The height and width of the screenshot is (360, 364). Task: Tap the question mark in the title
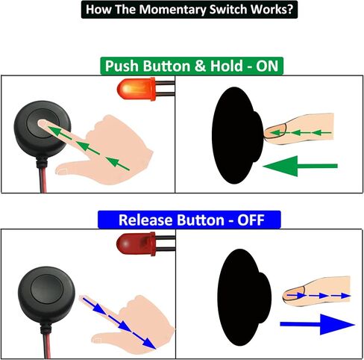(x=290, y=9)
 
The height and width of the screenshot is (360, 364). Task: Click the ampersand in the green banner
(x=201, y=66)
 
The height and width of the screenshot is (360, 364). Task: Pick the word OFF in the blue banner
(x=251, y=220)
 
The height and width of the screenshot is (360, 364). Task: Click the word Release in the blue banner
(x=145, y=220)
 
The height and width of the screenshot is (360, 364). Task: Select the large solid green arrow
(x=300, y=166)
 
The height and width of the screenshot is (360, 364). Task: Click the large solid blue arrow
(x=317, y=324)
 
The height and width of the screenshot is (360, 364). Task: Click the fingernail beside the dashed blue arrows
(x=294, y=294)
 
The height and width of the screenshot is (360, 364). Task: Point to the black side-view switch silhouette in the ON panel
(x=237, y=135)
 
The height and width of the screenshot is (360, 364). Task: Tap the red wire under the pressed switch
(x=43, y=180)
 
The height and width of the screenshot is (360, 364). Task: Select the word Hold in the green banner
(x=227, y=66)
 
